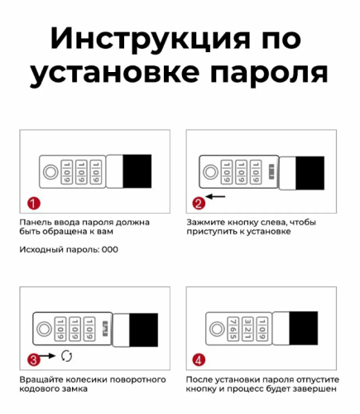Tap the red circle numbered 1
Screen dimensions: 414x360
point(32,203)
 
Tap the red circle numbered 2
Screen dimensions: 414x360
point(199,203)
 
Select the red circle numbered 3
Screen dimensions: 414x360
point(32,359)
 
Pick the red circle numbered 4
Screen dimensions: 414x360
point(199,359)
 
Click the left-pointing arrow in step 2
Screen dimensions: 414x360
point(217,197)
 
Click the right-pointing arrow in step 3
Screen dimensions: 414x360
point(49,357)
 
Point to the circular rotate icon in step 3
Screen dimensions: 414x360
point(67,357)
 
